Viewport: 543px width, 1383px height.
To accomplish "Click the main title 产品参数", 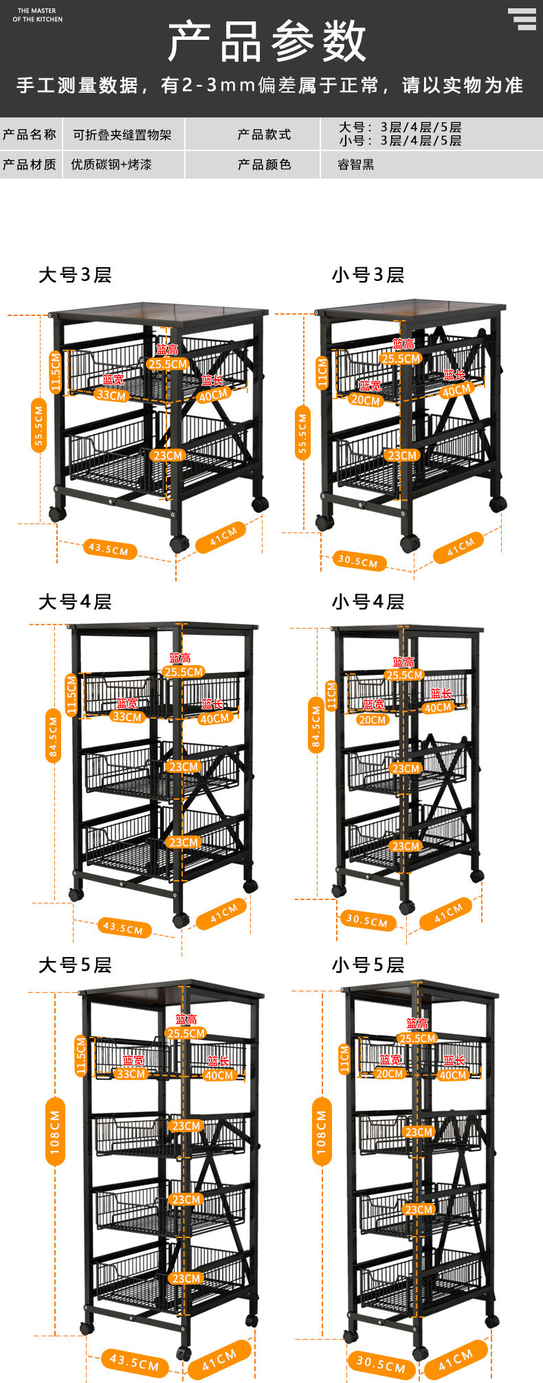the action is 268,41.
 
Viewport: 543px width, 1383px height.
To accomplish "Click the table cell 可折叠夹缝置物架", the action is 122,135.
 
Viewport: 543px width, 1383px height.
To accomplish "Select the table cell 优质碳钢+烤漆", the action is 111,165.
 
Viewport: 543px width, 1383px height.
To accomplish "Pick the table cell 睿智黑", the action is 355,165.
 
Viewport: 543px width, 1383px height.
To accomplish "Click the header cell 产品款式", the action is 265,135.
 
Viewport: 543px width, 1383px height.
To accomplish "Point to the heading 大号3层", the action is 75,275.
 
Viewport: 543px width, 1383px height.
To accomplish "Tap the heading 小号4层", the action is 368,602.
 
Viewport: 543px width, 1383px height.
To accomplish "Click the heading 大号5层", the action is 75,965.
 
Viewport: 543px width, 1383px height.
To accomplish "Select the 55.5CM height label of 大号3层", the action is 38,426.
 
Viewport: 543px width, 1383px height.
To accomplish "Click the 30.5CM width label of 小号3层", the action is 357,561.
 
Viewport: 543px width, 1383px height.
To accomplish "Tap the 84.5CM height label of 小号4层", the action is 315,726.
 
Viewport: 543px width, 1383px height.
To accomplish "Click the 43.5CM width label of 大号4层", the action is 122,927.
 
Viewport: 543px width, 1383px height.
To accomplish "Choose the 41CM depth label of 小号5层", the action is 455,1359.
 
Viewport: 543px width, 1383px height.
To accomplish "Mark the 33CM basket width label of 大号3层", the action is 111,396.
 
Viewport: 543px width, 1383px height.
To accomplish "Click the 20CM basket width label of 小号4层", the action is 372,720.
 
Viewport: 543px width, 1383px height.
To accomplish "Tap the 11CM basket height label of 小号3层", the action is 322,373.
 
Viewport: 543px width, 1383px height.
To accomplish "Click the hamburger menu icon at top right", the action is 522,19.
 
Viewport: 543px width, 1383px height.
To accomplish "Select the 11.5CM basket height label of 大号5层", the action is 80,1056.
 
